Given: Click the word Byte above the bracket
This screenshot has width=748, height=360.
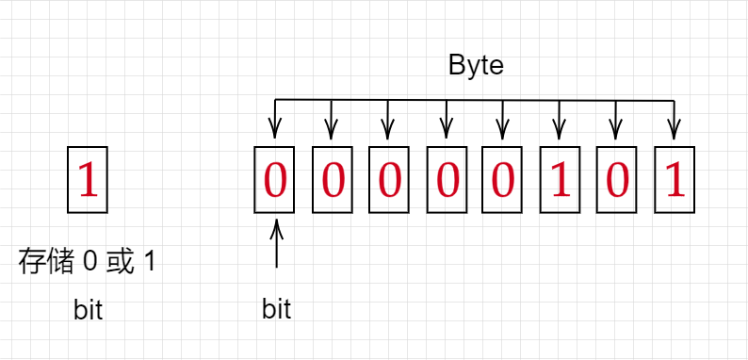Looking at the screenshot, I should click(x=476, y=67).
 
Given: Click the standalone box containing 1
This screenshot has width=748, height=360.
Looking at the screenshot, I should click(x=88, y=179).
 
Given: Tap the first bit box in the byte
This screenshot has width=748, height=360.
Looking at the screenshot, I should click(x=275, y=179).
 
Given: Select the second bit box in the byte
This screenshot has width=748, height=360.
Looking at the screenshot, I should click(x=332, y=179).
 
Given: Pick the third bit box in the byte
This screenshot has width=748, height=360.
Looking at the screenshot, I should click(x=389, y=179).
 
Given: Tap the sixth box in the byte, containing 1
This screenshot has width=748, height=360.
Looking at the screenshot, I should click(x=560, y=179).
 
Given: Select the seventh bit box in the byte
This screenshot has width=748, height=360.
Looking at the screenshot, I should click(x=617, y=179).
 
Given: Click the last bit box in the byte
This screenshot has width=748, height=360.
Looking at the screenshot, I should click(x=675, y=179).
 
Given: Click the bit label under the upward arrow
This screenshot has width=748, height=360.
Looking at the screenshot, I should click(x=276, y=309).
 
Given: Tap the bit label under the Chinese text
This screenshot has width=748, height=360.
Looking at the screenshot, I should click(x=88, y=309).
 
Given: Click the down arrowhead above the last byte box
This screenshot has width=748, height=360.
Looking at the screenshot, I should click(x=675, y=131).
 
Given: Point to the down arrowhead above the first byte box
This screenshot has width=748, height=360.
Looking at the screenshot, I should click(x=275, y=131).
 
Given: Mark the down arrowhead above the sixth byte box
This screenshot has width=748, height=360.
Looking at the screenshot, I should click(x=560, y=131).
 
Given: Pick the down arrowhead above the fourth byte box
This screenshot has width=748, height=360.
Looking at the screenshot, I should click(x=446, y=131).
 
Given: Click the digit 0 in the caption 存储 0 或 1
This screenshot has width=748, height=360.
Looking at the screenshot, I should click(x=89, y=262).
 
